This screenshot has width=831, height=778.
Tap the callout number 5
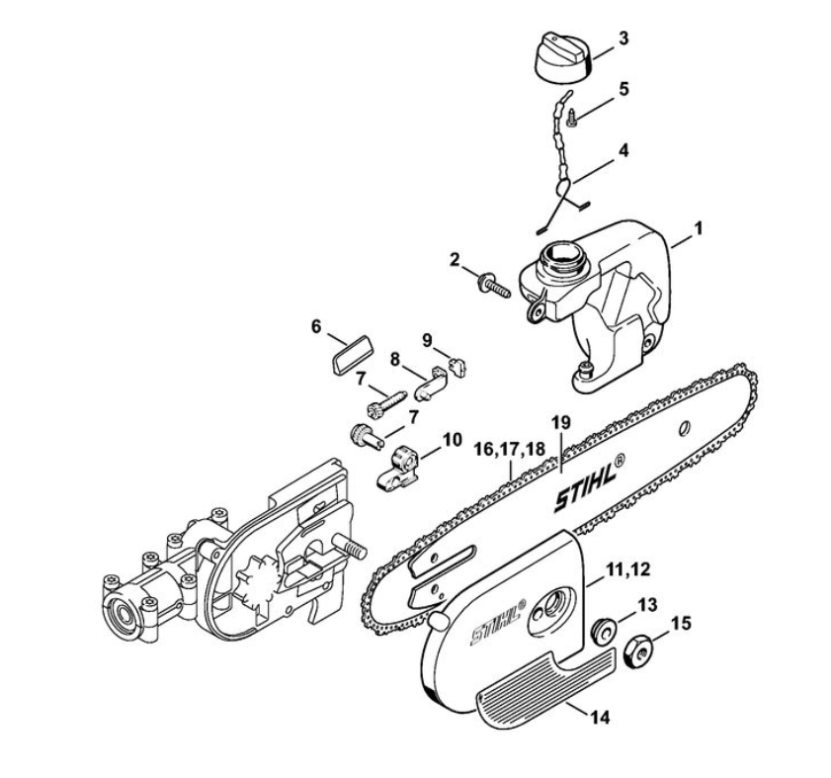pyautogui.click(x=623, y=88)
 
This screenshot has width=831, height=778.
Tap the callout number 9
pyautogui.click(x=428, y=339)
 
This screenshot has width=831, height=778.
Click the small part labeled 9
pyautogui.click(x=455, y=367)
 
